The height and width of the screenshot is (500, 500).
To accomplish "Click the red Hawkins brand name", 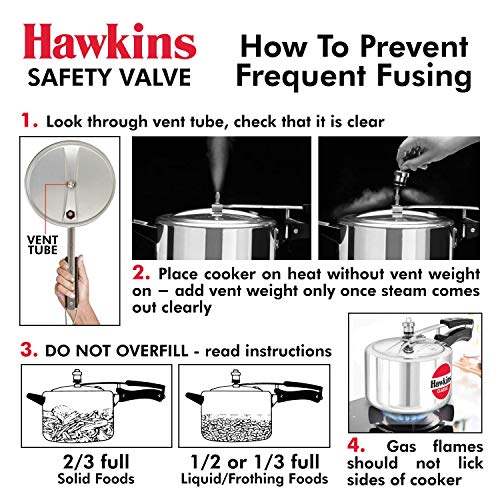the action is (x=109, y=41).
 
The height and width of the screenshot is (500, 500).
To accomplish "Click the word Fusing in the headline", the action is (x=424, y=76).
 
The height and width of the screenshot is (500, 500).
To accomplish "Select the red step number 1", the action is (x=29, y=120).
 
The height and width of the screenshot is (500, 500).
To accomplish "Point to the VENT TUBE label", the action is (x=43, y=245).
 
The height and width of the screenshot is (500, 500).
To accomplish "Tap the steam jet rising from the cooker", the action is (x=217, y=167).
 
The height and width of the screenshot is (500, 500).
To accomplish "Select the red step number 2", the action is (x=141, y=273).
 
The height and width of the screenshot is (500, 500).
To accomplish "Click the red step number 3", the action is (x=29, y=350).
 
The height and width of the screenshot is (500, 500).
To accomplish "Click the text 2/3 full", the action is (x=96, y=462).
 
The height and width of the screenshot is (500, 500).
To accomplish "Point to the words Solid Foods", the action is (x=96, y=479).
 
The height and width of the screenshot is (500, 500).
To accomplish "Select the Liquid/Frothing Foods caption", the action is (x=254, y=479).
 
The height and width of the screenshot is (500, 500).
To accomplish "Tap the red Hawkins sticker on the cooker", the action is (x=441, y=381).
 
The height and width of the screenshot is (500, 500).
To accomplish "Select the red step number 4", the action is (x=356, y=445).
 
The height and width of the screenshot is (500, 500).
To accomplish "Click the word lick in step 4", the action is (x=471, y=463).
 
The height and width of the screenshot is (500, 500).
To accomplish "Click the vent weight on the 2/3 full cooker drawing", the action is (x=77, y=376).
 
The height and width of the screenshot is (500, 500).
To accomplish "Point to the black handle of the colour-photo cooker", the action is (x=457, y=331).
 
